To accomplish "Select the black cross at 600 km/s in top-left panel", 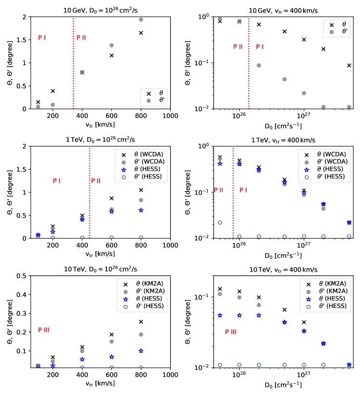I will pyautogui.click(x=111, y=55).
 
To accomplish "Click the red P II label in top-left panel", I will pyautogui.click(x=81, y=38).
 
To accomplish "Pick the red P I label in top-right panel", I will pyautogui.click(x=260, y=47).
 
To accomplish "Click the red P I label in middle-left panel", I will pyautogui.click(x=57, y=181).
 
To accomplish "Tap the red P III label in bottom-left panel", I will pyautogui.click(x=44, y=330).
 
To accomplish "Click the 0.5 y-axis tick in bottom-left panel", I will pyautogui.click(x=24, y=276).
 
